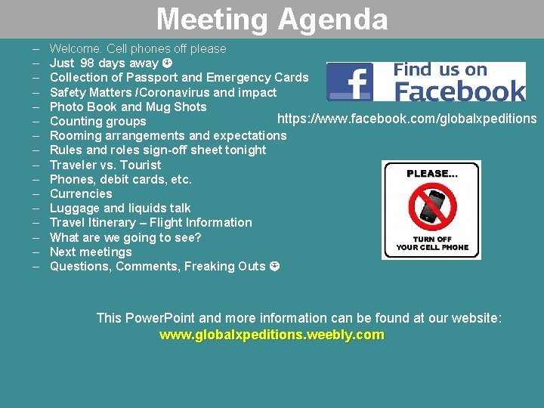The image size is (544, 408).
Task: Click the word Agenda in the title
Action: point(333,19)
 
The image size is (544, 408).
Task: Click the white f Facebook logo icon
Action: point(351,82)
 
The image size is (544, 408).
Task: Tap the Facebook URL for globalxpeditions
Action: point(406,119)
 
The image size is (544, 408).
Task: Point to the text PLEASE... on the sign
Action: point(431,173)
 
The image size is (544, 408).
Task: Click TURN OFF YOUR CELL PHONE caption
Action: point(432,243)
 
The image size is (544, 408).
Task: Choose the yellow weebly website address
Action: point(271,335)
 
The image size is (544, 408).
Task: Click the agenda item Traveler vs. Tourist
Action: point(105,165)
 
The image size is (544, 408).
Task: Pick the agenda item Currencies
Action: point(80,193)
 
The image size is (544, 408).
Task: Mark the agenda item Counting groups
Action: point(97,121)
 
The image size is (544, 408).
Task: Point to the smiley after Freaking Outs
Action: point(274,266)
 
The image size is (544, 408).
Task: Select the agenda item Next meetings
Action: point(90,252)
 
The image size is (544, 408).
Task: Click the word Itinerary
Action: point(109,222)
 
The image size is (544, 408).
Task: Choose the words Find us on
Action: point(440,70)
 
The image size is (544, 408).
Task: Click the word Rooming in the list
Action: point(76,135)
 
